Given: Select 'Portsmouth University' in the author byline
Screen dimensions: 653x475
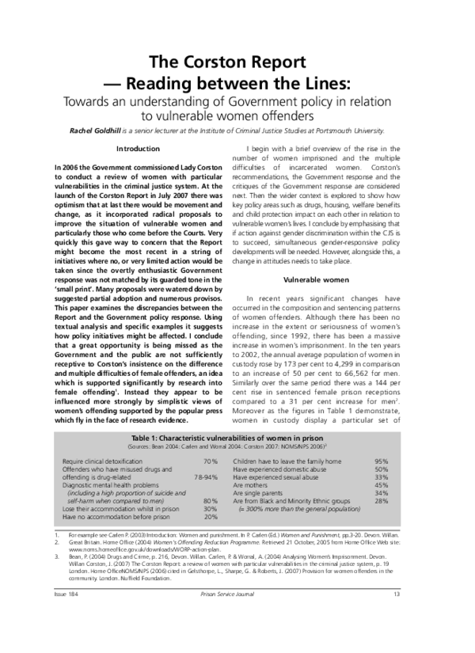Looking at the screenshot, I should pos(386,135).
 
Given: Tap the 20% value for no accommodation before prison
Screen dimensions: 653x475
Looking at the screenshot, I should pos(211,517).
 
